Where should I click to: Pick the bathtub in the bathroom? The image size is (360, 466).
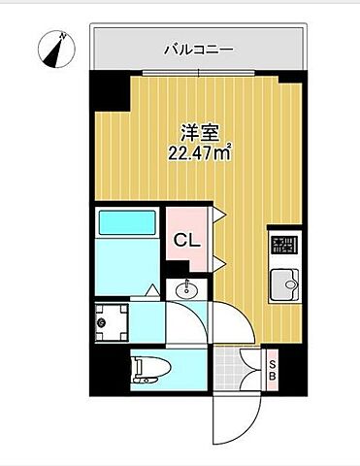(x=125, y=224)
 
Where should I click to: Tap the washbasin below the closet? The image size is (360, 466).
(x=185, y=288)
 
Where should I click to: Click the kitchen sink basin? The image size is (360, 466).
(x=285, y=284)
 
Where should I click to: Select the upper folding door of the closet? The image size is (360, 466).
(x=220, y=216)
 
